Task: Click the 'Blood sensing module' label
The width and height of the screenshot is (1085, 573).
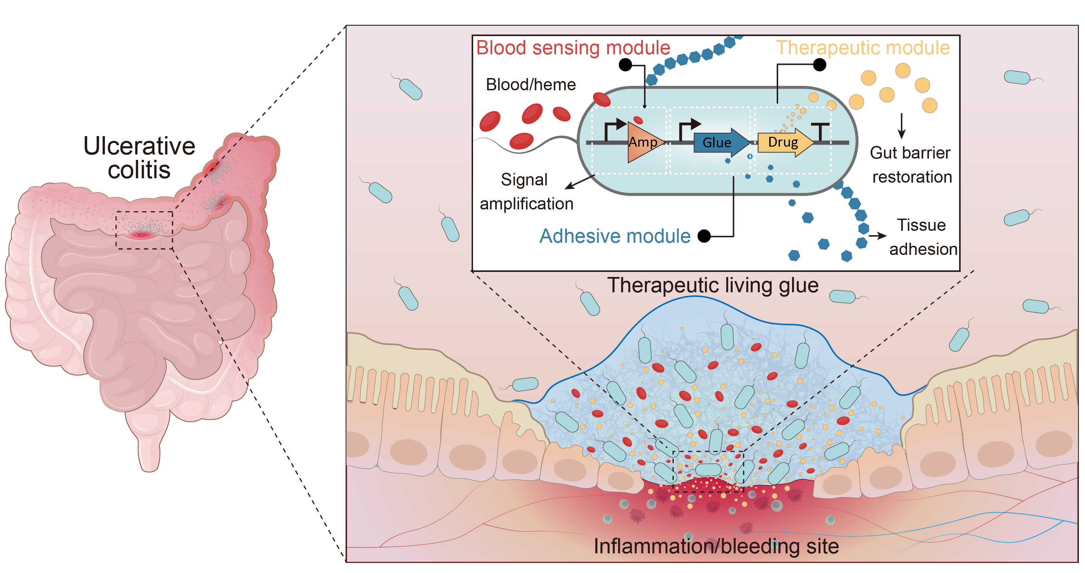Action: [x=573, y=48]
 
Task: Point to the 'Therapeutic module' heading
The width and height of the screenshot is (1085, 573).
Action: [x=863, y=48]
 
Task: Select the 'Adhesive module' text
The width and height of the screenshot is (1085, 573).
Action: [x=615, y=236]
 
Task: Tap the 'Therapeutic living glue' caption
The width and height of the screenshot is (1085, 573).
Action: [x=713, y=285]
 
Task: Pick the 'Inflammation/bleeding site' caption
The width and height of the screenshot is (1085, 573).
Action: [x=716, y=547]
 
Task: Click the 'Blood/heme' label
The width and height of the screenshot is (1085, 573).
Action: [x=531, y=85]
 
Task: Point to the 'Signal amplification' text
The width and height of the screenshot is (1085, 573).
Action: [x=526, y=192]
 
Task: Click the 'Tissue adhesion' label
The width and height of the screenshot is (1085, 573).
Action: [x=922, y=237]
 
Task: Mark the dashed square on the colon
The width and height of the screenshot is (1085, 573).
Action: [x=144, y=230]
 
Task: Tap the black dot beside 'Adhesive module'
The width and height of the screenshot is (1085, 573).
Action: [x=704, y=236]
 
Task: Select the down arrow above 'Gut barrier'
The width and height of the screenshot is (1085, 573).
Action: [x=901, y=126]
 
